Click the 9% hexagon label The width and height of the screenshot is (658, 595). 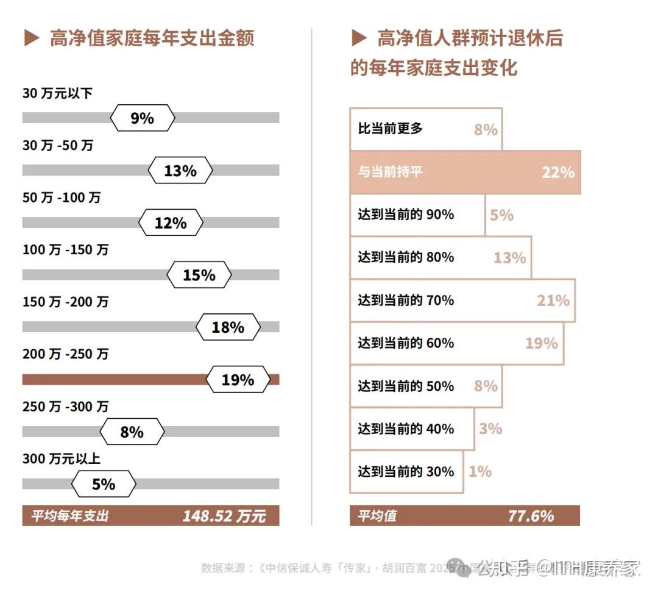coord(143,118)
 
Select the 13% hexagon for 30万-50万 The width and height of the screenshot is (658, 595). coord(180,171)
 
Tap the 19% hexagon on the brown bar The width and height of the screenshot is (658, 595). coord(238,380)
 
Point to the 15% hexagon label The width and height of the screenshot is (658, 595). coord(199,275)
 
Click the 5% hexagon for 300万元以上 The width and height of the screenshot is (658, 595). coord(104,484)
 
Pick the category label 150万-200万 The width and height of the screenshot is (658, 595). coord(66,302)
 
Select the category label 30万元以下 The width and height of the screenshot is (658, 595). coord(57,93)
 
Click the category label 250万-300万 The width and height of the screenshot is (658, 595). coord(66,406)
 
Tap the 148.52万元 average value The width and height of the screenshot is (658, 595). coord(224,516)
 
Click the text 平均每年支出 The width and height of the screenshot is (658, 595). coord(70,516)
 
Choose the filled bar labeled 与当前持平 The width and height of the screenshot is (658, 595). coord(465,173)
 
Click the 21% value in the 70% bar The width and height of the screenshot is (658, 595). coord(553,301)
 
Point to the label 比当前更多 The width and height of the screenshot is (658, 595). coord(390,129)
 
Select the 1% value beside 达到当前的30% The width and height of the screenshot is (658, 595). coord(480,471)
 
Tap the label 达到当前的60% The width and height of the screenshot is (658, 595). coord(406,343)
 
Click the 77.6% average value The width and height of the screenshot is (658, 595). coord(531,516)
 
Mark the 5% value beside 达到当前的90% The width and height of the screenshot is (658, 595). coord(501,215)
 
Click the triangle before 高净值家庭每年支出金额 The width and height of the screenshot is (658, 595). coord(32,39)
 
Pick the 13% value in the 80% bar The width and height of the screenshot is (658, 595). coord(509,258)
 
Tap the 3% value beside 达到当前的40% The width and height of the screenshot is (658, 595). coord(490,429)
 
